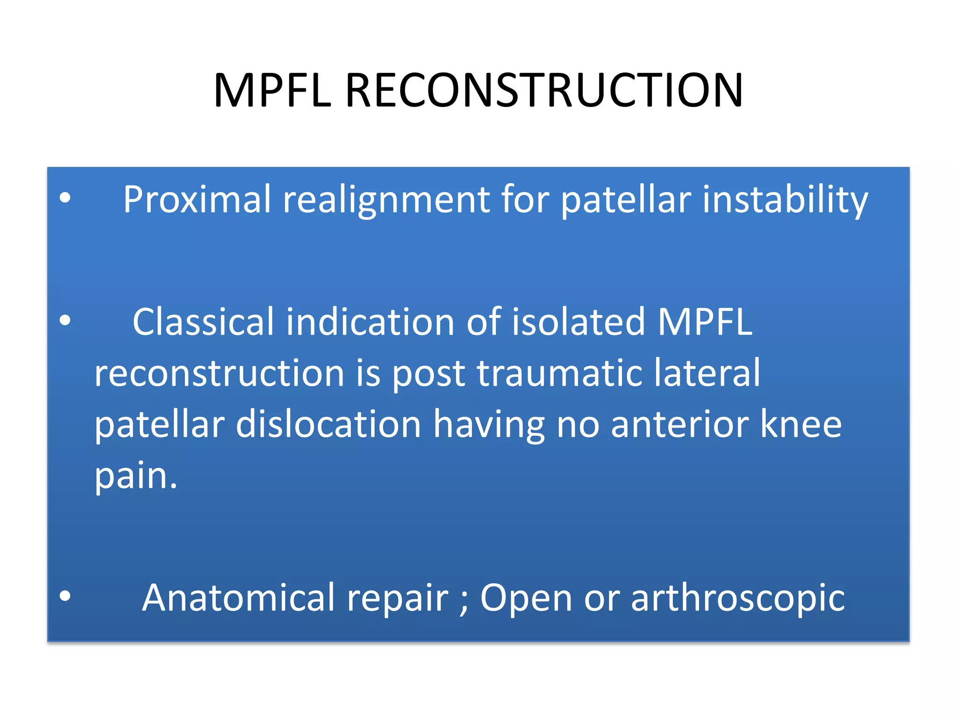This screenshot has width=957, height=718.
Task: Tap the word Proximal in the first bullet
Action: (x=197, y=200)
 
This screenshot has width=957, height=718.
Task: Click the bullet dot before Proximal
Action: (x=65, y=198)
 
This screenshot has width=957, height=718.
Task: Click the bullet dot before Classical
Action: (x=65, y=321)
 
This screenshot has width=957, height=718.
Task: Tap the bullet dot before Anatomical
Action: (x=65, y=596)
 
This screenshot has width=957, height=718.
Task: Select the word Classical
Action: (x=203, y=322)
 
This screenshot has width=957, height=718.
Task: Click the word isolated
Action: (x=578, y=322)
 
